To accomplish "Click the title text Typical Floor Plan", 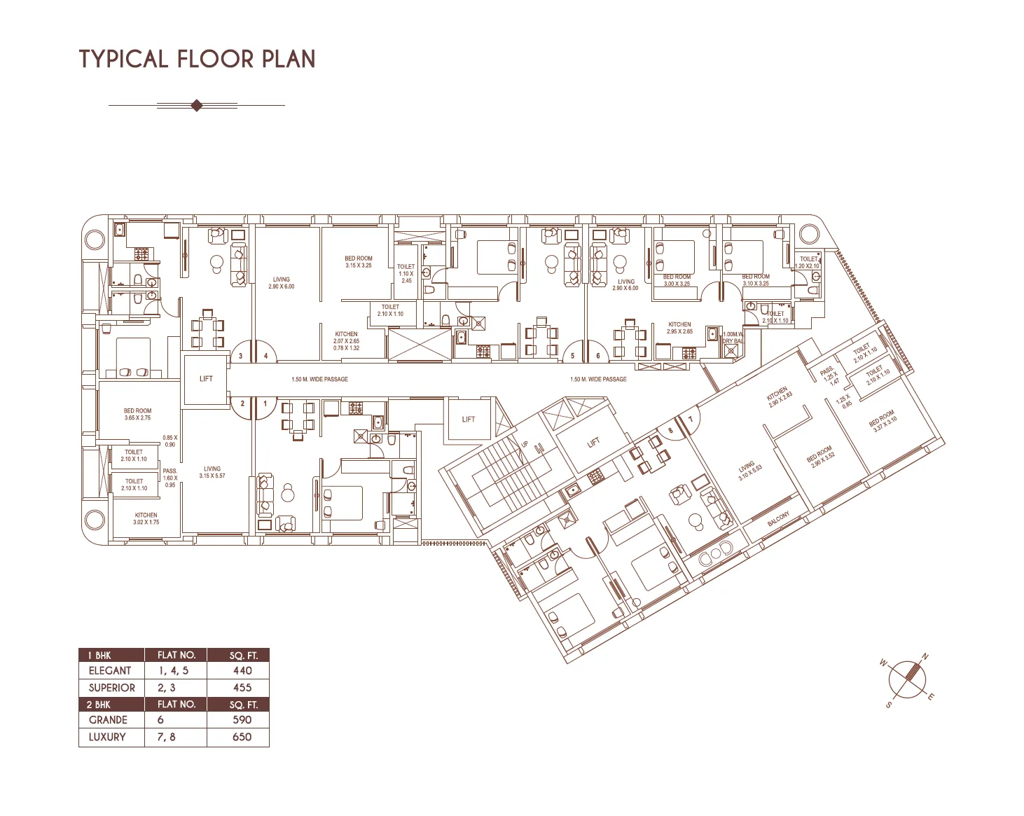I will click(197, 59).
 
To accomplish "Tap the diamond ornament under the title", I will click(197, 106).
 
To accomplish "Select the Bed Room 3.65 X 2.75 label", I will click(137, 414).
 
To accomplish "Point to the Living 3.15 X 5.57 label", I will click(212, 472).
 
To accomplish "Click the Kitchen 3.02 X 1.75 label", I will click(146, 518).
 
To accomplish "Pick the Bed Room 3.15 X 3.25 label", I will click(359, 262).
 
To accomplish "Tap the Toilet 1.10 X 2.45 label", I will click(406, 273).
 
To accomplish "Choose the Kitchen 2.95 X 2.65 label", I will click(679, 328).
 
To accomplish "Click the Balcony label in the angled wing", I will click(779, 519).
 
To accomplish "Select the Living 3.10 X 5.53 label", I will click(749, 471).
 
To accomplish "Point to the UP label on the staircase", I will click(524, 444).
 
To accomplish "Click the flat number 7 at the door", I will click(691, 420).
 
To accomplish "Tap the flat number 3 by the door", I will click(241, 356).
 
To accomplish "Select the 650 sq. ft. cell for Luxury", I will click(242, 737).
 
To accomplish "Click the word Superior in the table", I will click(111, 688).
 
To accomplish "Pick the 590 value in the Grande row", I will click(242, 720).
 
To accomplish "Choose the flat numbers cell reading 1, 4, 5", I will click(173, 671).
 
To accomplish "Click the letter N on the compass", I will click(925, 657).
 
